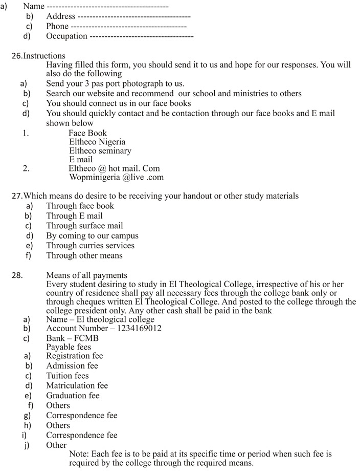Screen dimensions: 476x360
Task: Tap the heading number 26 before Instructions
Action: pos(17,56)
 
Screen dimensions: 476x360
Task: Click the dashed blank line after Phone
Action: pos(128,26)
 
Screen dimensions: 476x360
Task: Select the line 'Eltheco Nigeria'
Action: pos(97,142)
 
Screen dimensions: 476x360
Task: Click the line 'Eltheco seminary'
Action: pos(100,151)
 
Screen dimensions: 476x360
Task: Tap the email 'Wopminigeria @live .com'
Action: pos(116,178)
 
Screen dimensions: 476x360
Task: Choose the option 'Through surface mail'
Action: pos(84,226)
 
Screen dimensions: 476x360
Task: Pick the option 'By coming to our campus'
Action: pos(92,236)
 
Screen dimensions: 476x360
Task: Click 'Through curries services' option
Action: pos(90,246)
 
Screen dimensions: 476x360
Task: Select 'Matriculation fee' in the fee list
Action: pos(77,385)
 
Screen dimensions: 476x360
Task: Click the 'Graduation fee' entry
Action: pos(73,396)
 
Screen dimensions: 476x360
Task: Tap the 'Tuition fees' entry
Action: pos(67,376)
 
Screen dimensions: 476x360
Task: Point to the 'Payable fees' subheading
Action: pos(69,347)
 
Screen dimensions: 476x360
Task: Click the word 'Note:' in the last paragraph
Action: pos(79,454)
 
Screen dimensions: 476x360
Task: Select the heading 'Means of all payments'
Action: pos(86,276)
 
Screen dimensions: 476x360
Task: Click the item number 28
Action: pos(17,276)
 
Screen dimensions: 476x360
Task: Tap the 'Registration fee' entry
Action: pos(74,356)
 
